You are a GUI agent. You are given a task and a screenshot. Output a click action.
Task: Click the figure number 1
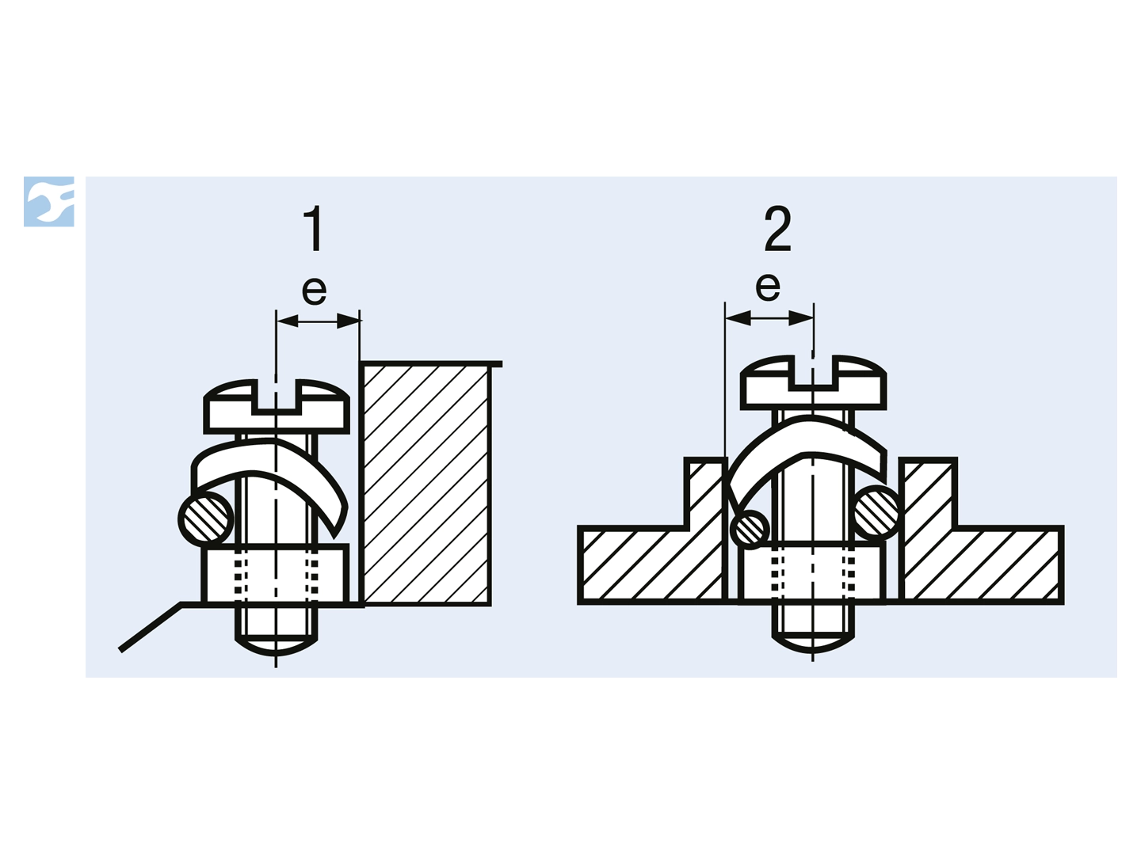(x=314, y=229)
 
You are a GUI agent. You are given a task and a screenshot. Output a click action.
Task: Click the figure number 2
(x=777, y=229)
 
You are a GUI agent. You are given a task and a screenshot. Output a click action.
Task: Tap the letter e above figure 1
(x=314, y=291)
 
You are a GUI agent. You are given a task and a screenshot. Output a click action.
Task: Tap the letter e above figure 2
(x=768, y=287)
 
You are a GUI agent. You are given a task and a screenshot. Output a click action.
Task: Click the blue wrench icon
(x=49, y=201)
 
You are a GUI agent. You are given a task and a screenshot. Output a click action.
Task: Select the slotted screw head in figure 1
(x=277, y=406)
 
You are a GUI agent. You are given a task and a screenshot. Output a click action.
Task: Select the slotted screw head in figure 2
(x=814, y=382)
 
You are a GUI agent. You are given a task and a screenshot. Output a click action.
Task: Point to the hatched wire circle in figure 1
(x=206, y=518)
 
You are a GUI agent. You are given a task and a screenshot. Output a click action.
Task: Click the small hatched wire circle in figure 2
(x=750, y=530)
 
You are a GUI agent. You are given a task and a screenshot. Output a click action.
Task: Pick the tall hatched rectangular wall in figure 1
(x=425, y=484)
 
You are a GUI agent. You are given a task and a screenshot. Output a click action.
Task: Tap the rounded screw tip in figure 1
(x=276, y=645)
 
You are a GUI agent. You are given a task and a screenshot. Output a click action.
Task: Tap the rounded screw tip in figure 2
(x=813, y=644)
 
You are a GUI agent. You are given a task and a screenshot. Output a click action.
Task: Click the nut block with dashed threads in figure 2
(x=812, y=572)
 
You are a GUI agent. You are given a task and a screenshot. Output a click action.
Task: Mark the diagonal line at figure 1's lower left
(x=151, y=626)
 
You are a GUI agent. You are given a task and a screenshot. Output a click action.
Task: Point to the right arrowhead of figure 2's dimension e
(x=802, y=317)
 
